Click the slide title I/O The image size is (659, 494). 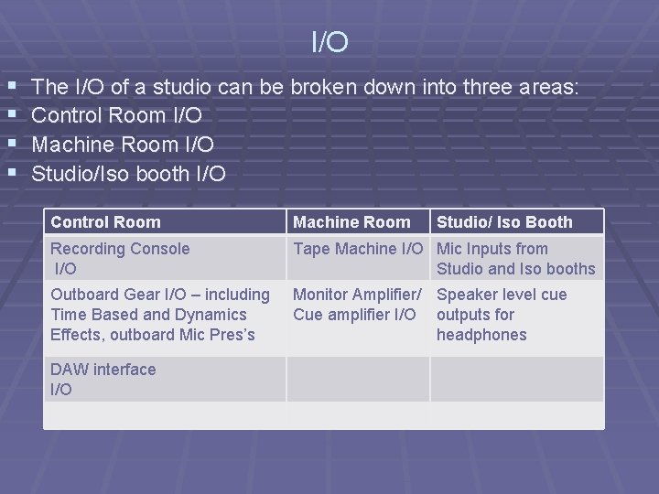[329, 42]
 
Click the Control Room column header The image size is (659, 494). [105, 222]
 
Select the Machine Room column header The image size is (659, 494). [351, 222]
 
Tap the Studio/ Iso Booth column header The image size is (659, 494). [504, 222]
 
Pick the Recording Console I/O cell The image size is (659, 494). [120, 258]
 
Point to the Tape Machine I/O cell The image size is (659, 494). [358, 249]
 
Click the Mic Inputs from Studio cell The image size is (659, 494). [515, 258]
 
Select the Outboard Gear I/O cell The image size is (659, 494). [160, 314]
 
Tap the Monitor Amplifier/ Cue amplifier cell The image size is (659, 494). [357, 305]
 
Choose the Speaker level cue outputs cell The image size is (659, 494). [502, 314]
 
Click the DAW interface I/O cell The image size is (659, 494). [103, 379]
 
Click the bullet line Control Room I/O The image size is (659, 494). [117, 116]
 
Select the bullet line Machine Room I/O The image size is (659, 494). [123, 145]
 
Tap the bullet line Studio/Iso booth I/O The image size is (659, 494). [128, 173]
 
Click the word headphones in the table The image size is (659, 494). [481, 335]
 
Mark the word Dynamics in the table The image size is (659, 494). [211, 315]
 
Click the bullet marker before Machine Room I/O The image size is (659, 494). [11, 145]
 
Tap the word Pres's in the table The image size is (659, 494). [232, 335]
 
